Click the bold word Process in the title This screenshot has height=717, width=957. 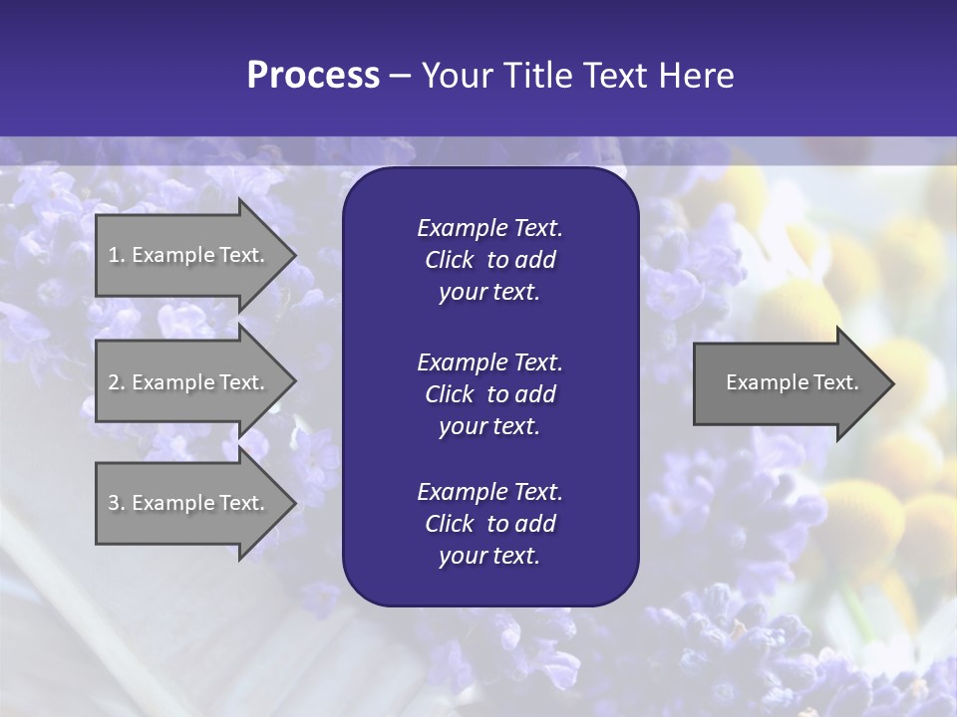click(x=313, y=76)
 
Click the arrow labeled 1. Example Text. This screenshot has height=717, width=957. click(x=189, y=255)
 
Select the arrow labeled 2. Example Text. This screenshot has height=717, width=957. click(x=189, y=382)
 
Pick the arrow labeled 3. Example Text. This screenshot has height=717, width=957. click(x=189, y=503)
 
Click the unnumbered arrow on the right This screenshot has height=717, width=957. click(x=788, y=382)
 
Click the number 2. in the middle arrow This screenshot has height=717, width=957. click(x=117, y=382)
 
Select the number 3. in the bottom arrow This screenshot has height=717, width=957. click(x=117, y=503)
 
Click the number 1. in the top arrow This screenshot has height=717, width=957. click(x=117, y=255)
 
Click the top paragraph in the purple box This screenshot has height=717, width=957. click(x=489, y=260)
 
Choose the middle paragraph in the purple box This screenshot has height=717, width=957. click(x=489, y=394)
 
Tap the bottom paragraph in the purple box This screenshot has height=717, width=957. click(x=489, y=524)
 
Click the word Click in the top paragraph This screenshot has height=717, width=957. click(x=449, y=260)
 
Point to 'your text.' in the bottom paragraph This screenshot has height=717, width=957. click(x=489, y=557)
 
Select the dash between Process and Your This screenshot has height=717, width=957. click(x=400, y=76)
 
